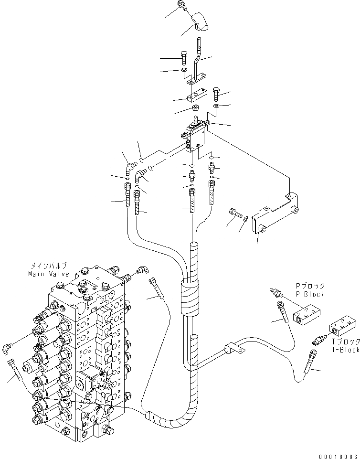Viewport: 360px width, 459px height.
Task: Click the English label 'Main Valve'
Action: click(48, 274)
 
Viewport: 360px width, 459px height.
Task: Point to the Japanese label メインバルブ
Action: click(49, 267)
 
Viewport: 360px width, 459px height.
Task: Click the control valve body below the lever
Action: click(194, 137)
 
